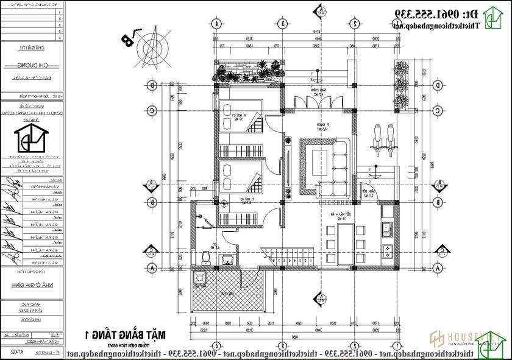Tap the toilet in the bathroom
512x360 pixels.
point(205,258)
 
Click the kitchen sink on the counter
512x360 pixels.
point(386,230)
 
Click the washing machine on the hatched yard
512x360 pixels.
point(199,279)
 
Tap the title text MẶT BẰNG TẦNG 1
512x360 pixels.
point(129,334)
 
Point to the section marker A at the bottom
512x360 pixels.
point(319,297)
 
